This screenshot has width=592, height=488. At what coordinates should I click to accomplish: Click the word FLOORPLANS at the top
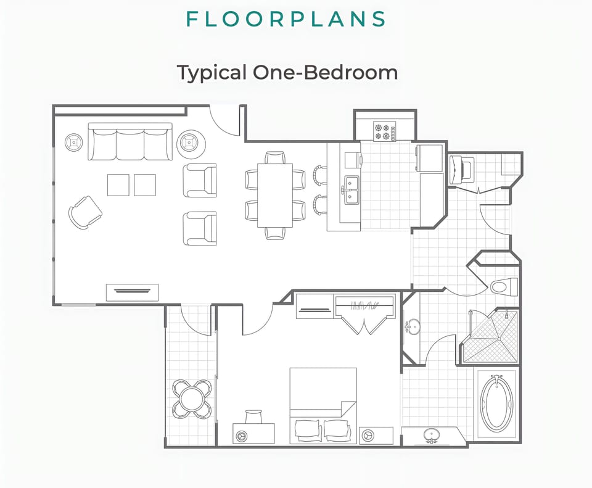pos(286,19)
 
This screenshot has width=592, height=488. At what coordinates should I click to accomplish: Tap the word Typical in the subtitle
pos(212,73)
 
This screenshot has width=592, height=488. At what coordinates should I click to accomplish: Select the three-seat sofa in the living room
pos(130,143)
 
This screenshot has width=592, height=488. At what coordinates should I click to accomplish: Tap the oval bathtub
pos(496,403)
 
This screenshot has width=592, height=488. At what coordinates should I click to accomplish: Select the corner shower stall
pos(491,337)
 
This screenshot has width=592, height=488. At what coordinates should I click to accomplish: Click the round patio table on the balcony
pos(192,399)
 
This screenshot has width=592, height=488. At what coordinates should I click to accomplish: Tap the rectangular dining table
pos(274,194)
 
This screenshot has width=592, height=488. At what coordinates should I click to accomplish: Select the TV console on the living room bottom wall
pos(132,292)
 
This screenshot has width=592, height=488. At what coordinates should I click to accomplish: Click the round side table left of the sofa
pos(74,143)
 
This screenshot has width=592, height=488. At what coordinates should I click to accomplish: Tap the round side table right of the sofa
pos(188,144)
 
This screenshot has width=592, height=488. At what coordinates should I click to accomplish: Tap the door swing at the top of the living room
pos(225,121)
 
